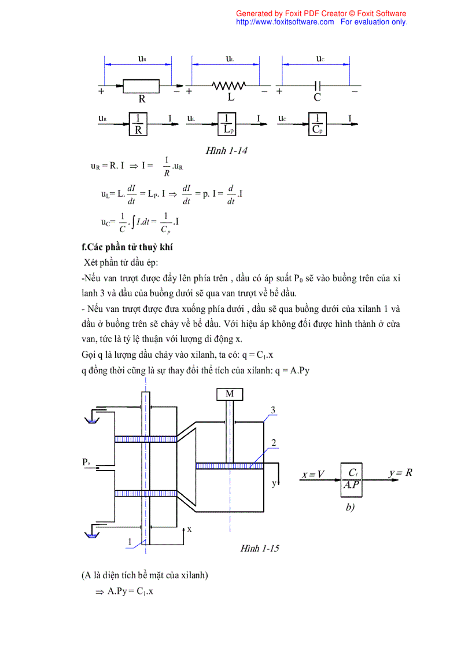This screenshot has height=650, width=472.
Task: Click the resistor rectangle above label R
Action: point(142,86)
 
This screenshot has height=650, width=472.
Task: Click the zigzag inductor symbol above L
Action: point(230,86)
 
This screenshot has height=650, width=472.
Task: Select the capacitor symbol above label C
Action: point(316,86)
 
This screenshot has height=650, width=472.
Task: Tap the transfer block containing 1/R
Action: point(138,124)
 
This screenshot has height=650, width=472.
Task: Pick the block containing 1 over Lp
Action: point(227,124)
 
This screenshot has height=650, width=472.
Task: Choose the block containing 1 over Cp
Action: point(317,124)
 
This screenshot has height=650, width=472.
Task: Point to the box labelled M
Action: point(230,394)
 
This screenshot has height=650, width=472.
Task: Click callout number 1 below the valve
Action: point(130,542)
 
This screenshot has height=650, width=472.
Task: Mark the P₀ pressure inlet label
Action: point(86,462)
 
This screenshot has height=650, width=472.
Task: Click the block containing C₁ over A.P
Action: point(351,479)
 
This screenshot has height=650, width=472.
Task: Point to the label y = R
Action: point(400,472)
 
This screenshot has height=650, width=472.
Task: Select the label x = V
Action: point(313,475)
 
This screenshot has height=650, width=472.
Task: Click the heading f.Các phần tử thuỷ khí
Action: point(127,247)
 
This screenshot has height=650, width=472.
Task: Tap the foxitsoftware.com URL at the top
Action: point(285,22)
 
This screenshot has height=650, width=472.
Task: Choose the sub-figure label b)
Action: point(349,507)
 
